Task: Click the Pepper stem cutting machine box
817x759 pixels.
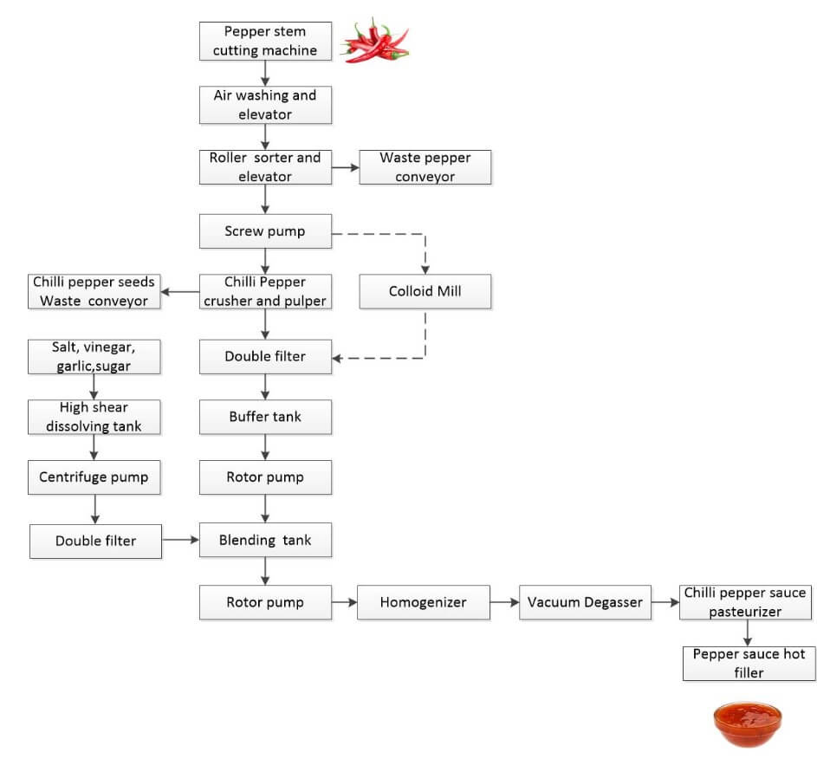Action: [x=265, y=41]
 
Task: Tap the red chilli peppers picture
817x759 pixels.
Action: [x=374, y=41]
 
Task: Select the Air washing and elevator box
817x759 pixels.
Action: [x=265, y=104]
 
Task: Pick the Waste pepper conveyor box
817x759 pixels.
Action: [x=425, y=167]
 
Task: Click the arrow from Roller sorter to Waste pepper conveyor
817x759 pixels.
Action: [x=345, y=167]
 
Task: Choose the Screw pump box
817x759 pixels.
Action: [x=265, y=231]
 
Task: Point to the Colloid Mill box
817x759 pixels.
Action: [x=425, y=291]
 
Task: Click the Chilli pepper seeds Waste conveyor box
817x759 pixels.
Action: [x=94, y=291]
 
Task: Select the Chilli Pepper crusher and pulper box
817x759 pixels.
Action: [x=265, y=291]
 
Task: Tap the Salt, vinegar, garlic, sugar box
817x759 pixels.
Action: [x=94, y=356]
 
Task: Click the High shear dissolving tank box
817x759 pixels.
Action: [x=94, y=417]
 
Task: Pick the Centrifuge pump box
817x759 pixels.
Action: [x=94, y=477]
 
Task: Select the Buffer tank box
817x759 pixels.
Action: [x=265, y=417]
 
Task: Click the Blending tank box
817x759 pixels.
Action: [x=265, y=540]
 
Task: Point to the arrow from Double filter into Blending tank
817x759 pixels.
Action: [x=180, y=540]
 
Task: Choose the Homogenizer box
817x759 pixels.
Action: [x=423, y=602]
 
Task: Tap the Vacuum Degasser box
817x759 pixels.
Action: [x=586, y=602]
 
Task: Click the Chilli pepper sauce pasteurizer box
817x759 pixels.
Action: [x=745, y=602]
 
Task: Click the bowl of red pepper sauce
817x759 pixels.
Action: [x=747, y=723]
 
